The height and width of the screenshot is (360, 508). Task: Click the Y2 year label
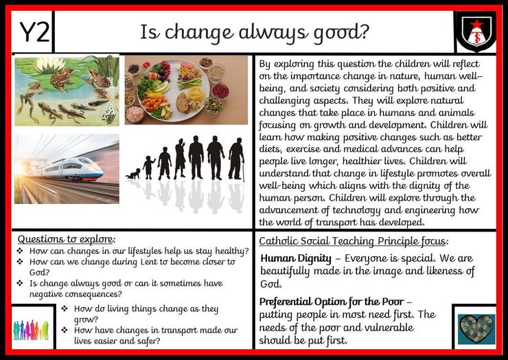pos(34,32)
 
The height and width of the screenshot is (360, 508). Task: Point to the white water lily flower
pos(49,65)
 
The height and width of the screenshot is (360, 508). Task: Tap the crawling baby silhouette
pos(133,174)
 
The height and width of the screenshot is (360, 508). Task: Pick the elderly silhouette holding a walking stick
pos(237,159)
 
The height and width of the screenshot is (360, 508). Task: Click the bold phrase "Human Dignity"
pos(296,258)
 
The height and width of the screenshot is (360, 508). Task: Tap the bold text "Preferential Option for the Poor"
pos(332,302)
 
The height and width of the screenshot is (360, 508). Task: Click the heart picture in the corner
pos(476,329)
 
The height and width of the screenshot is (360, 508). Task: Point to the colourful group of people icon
pos(31,330)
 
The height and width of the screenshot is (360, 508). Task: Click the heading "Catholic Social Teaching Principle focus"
pos(352,241)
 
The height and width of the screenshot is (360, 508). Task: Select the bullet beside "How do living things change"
pos(65,308)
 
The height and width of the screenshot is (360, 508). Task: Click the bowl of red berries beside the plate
pos(220,91)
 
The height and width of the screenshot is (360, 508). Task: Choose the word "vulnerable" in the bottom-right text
pos(389,328)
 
